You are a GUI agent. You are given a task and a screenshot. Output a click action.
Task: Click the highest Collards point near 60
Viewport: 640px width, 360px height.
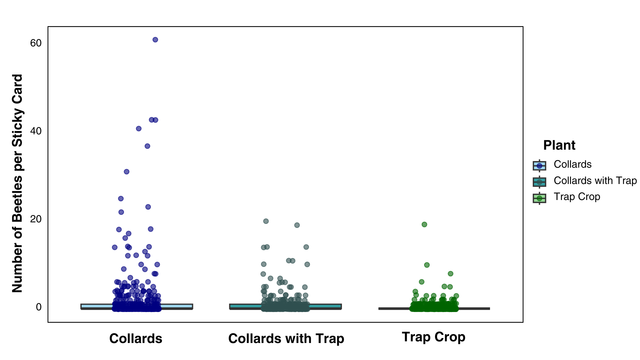[155, 40]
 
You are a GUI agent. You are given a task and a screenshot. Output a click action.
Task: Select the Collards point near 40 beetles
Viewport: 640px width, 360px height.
[139, 129]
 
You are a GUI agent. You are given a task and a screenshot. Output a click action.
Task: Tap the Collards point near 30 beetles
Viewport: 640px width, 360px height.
[126, 172]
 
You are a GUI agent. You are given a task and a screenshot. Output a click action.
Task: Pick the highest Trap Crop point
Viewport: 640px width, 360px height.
[424, 224]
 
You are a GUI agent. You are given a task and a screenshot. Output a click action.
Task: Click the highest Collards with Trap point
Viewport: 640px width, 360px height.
[266, 221]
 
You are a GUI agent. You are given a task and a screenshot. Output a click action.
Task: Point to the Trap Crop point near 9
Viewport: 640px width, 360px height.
[427, 265]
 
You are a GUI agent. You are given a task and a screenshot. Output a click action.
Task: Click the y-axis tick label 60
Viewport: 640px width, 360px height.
[36, 43]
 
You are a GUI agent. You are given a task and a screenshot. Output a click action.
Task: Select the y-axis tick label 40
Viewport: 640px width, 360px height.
[36, 131]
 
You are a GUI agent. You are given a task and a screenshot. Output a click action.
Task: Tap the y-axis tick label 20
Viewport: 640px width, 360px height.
[36, 219]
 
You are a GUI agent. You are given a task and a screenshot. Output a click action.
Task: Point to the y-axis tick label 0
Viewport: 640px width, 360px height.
[39, 307]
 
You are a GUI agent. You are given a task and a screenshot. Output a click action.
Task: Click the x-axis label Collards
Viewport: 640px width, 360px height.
[136, 339]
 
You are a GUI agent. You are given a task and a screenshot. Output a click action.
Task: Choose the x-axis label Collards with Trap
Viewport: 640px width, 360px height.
[286, 339]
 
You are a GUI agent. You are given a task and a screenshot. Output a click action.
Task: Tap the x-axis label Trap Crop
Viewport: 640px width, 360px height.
[433, 337]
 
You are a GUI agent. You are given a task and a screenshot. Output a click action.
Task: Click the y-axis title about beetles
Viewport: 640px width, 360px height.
[17, 183]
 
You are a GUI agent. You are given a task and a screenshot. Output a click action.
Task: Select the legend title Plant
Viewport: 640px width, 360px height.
[559, 145]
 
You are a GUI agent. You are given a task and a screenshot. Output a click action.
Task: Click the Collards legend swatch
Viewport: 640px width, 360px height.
[539, 165]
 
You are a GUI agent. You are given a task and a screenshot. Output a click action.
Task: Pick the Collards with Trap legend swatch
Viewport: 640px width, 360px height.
[539, 182]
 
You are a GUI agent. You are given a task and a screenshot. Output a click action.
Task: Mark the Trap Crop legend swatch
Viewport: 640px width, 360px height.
[539, 198]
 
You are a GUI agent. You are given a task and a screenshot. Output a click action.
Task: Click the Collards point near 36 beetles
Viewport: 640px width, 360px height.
[147, 146]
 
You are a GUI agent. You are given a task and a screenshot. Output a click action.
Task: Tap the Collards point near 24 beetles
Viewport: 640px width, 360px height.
[121, 199]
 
